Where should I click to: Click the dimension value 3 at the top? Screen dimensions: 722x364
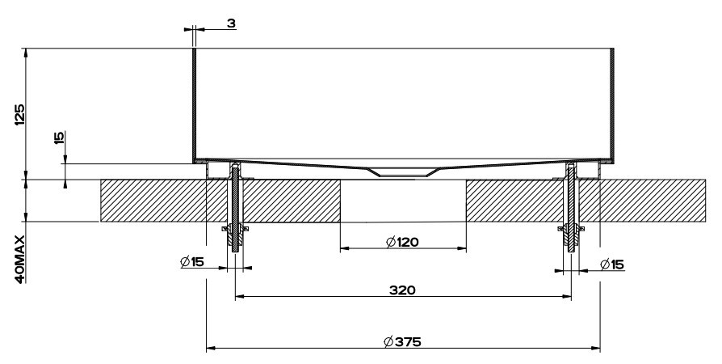(x=231, y=23)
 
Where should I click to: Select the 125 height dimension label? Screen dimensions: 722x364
(x=20, y=114)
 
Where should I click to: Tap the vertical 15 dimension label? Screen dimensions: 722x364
(x=60, y=138)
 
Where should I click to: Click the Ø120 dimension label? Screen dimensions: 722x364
(x=403, y=242)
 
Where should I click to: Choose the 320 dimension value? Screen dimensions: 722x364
(x=402, y=290)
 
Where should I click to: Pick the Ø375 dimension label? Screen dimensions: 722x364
(x=402, y=342)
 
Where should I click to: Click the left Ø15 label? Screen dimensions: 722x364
(x=192, y=262)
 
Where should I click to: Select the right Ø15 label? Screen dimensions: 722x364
(x=612, y=265)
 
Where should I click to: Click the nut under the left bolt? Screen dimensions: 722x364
(x=235, y=235)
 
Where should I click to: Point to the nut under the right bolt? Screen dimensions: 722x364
(x=572, y=235)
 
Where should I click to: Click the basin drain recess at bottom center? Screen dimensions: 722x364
(x=403, y=172)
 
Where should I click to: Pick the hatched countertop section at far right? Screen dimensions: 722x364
(x=653, y=201)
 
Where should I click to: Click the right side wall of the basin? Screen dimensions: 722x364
(x=612, y=105)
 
